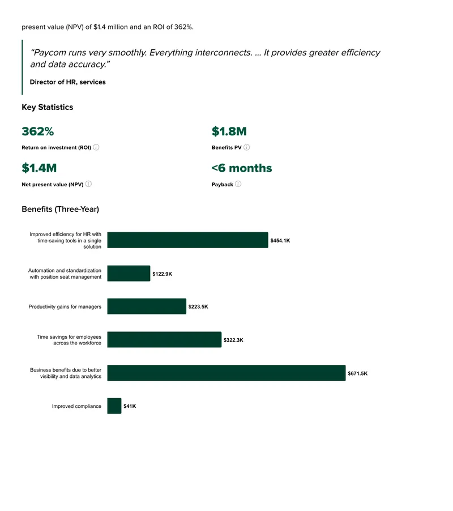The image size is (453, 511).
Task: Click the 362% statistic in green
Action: pos(38,131)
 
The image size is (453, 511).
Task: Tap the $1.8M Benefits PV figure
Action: pos(229,131)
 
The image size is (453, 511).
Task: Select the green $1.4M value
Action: pos(39,168)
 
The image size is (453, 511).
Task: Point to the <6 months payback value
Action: pos(242,168)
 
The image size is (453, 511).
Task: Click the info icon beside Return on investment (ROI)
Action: pos(96,147)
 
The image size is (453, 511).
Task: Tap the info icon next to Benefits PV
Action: pos(247,147)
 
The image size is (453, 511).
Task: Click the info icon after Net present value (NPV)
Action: pos(88,184)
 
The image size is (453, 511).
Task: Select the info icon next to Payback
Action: pos(238,184)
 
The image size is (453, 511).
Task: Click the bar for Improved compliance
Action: pos(114,406)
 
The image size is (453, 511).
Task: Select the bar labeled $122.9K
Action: pos(129,274)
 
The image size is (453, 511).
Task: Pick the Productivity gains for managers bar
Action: pos(147,306)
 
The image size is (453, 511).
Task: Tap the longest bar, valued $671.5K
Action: pos(226,373)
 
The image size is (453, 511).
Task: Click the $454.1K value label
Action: pos(280,241)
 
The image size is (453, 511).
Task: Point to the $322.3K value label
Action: pos(233,340)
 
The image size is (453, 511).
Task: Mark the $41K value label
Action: pos(130,406)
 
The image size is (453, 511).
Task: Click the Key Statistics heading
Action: pos(48,107)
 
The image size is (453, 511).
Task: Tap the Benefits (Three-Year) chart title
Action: pos(60,209)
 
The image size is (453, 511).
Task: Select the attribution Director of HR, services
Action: pos(68,82)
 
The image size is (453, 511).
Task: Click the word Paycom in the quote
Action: pos(49,53)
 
